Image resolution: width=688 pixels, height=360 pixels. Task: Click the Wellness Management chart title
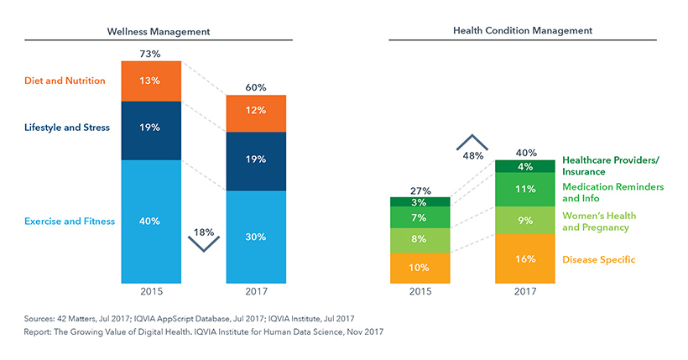159,31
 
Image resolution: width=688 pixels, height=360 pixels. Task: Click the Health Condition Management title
523,30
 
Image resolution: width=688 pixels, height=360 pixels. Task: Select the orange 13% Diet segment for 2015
151,81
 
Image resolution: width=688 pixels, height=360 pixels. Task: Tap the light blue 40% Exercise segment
151,222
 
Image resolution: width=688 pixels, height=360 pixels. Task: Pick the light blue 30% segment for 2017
256,237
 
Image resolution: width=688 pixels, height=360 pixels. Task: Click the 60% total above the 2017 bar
256,87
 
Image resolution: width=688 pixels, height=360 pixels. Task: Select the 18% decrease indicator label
204,230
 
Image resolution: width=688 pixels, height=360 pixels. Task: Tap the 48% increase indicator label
473,155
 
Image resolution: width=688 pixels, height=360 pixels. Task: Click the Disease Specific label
598,260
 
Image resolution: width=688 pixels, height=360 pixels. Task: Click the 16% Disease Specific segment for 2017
525,259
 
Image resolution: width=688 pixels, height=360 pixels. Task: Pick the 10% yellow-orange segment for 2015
420,268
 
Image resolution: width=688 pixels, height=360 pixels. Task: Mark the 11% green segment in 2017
525,190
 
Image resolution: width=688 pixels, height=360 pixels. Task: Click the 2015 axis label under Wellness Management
151,292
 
